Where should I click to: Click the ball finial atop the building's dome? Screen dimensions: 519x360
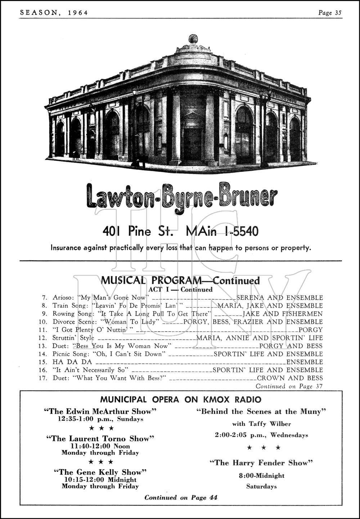coord(193,38)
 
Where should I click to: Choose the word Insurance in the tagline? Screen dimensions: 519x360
coord(67,248)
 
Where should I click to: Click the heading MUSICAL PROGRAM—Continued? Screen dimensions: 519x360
coord(180,281)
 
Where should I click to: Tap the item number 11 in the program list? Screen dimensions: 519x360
coord(44,330)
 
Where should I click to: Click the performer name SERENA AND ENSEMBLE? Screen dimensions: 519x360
coord(279,298)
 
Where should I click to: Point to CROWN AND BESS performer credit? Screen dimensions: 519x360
coord(290,378)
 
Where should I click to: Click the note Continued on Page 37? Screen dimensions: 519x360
coord(289,386)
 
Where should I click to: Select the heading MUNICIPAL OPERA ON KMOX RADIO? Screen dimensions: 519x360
coord(181,399)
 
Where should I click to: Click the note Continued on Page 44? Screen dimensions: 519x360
coord(181,498)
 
